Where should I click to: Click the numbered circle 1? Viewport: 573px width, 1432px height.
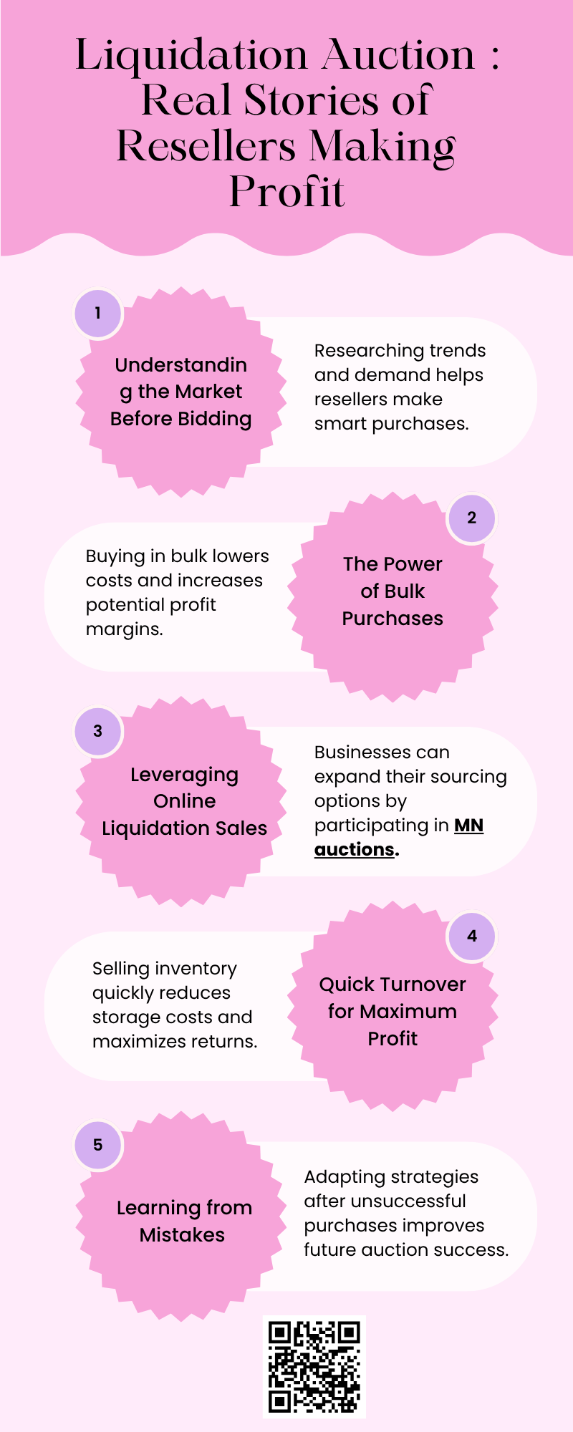click(98, 313)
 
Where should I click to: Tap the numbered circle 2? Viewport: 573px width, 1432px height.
click(471, 518)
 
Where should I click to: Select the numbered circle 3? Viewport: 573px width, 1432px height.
click(98, 731)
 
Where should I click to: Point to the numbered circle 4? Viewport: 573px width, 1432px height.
click(471, 936)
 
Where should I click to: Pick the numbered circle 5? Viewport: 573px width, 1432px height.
click(98, 1145)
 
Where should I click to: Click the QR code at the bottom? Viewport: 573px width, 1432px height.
click(314, 1367)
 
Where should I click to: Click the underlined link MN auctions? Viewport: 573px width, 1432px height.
click(398, 837)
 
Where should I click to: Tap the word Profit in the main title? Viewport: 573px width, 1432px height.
click(286, 191)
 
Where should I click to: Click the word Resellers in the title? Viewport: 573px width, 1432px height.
click(206, 146)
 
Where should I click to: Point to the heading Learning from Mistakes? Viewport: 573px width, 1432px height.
click(184, 1221)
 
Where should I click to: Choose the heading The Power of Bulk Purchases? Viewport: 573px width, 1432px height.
click(393, 591)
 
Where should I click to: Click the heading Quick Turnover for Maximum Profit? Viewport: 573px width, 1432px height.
click(393, 1011)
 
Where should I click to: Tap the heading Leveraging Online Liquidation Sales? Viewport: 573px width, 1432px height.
click(184, 801)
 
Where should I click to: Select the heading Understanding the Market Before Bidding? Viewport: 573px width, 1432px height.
click(180, 392)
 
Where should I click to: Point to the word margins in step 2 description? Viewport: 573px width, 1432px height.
click(125, 630)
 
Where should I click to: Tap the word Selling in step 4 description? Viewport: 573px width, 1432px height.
click(118, 969)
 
